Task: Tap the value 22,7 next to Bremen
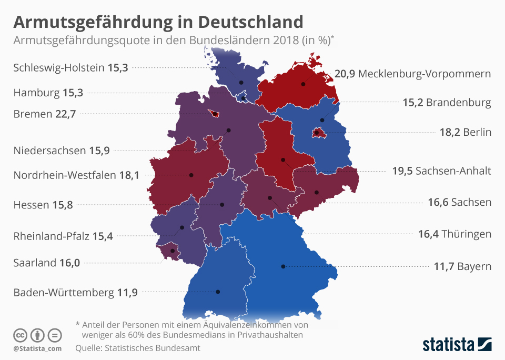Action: click(x=66, y=114)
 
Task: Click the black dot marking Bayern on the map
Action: click(x=283, y=266)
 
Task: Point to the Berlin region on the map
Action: click(x=317, y=133)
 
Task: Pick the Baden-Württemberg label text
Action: click(x=62, y=292)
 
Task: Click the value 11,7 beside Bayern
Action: click(x=444, y=266)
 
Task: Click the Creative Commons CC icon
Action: click(x=20, y=335)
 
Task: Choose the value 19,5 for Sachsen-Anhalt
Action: click(x=402, y=171)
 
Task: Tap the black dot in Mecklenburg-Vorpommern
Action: click(x=304, y=84)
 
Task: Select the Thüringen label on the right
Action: click(x=467, y=234)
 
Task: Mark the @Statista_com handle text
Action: click(x=37, y=348)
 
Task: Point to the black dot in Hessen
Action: click(x=222, y=204)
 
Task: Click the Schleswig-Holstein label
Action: click(x=59, y=67)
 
